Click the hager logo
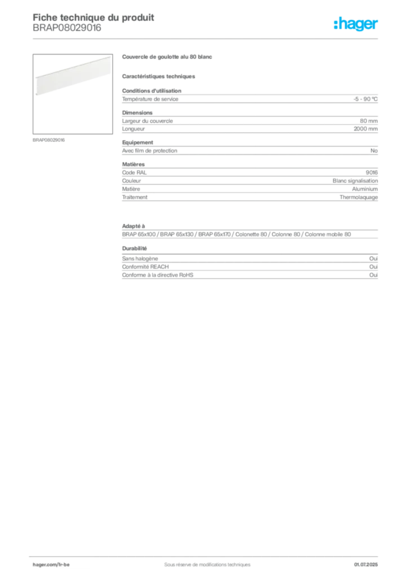coord(356,24)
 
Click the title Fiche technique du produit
coord(93,17)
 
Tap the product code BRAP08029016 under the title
coord(67,28)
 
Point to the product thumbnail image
coord(73,94)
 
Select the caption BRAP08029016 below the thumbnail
coord(48,140)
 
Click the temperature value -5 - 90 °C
coord(365,99)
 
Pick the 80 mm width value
coord(369,121)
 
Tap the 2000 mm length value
coord(365,129)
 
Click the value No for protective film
coord(374,151)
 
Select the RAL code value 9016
coord(372,172)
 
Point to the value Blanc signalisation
coord(355,181)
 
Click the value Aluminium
coord(365,189)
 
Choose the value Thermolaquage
coord(359,197)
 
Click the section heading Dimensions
coord(137,112)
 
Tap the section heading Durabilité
coord(134,248)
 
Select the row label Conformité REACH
coord(146,267)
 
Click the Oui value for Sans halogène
coord(373,259)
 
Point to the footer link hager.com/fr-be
coord(51,565)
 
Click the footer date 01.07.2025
coord(366,565)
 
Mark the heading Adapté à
coord(134,226)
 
